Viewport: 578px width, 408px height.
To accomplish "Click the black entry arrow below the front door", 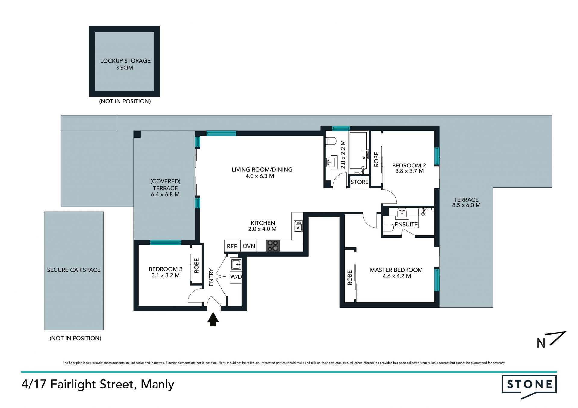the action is (x=213, y=319).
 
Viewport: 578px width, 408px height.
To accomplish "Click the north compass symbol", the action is (x=551, y=340).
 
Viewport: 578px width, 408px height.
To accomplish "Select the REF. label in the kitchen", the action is (x=232, y=246).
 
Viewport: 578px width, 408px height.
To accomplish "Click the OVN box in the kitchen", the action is (x=249, y=246).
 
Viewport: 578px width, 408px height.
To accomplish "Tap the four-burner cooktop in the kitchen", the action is (x=272, y=245).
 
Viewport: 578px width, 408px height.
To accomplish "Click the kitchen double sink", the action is (x=298, y=226).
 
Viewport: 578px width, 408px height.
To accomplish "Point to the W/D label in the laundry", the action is (x=236, y=277).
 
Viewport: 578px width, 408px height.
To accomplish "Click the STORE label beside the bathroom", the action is (x=359, y=182).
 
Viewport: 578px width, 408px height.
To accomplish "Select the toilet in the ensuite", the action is (x=388, y=228).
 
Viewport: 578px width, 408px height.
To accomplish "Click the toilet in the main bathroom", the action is (x=331, y=141).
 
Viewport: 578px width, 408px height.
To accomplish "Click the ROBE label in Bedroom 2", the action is (x=376, y=159).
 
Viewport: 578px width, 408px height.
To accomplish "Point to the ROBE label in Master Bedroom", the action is (x=350, y=278).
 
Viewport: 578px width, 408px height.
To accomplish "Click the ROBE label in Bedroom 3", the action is (x=197, y=265).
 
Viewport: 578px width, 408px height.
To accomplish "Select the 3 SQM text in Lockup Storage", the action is (x=124, y=68).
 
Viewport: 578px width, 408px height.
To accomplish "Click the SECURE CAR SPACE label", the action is (x=74, y=270).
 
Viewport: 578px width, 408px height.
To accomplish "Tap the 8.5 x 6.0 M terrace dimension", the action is (x=466, y=205).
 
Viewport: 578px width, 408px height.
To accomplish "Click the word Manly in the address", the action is (x=157, y=385).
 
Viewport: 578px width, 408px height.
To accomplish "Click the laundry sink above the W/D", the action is (x=236, y=265).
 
